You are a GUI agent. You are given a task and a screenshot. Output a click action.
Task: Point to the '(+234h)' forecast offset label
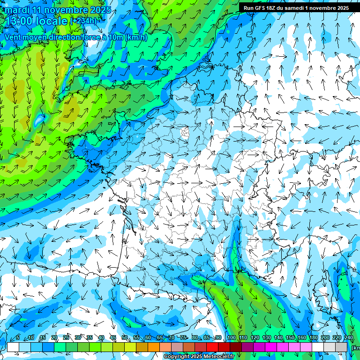click(x=83, y=21)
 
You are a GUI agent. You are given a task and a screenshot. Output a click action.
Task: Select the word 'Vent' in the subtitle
click(x=13, y=37)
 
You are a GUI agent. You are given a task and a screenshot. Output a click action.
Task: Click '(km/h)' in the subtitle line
click(x=136, y=37)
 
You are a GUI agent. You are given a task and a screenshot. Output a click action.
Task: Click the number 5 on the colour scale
click(x=18, y=338)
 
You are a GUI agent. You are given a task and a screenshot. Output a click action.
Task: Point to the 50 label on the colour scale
click(x=124, y=338)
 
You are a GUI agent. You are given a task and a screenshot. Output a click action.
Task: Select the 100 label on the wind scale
click(x=231, y=338)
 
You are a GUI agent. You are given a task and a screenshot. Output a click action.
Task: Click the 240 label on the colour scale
click(x=348, y=338)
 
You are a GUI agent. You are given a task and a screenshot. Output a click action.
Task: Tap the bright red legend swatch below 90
click(x=212, y=347)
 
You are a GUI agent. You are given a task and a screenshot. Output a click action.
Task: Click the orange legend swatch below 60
click(x=142, y=347)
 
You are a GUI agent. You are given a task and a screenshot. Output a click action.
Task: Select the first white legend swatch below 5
click(x=13, y=347)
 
